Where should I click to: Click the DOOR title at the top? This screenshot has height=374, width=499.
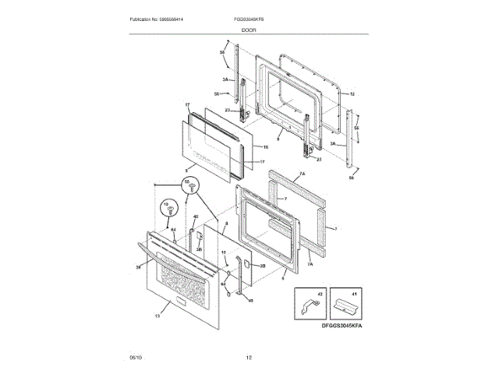[x=249, y=30]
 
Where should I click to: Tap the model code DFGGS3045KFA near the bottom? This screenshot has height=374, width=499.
[x=341, y=326]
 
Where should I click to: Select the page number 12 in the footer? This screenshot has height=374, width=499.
[x=249, y=357]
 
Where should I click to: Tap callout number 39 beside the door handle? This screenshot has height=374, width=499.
[x=138, y=267]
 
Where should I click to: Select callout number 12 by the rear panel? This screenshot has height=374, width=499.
[x=352, y=93]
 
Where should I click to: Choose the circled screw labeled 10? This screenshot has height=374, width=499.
[x=165, y=210]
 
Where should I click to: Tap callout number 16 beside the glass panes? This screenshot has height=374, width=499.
[x=265, y=146]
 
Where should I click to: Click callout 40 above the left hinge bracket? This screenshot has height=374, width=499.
[x=196, y=217]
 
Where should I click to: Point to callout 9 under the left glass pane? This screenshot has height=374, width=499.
[x=186, y=169]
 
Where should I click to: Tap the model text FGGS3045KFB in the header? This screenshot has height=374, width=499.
[x=249, y=18]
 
